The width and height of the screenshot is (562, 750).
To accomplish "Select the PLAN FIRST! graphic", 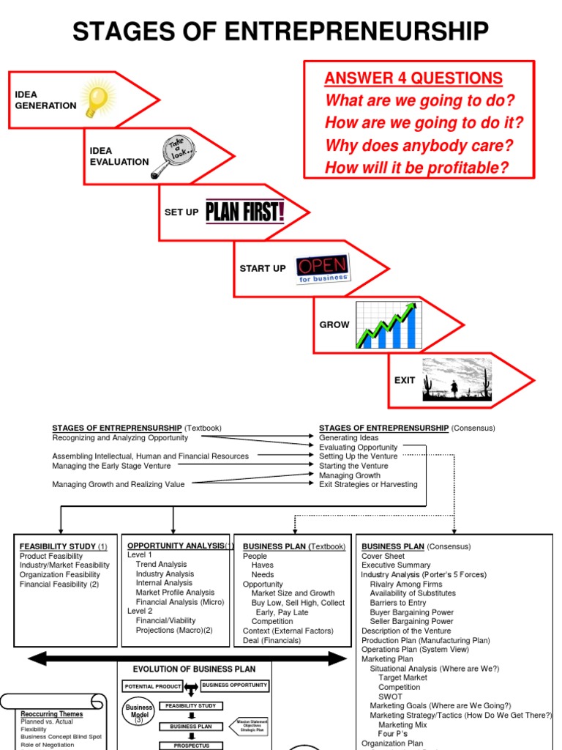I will click(244, 211).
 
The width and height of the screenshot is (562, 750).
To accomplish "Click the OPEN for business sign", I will click(322, 269).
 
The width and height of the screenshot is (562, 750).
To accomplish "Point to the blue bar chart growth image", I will click(388, 324).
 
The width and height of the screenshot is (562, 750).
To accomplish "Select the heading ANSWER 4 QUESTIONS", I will click(413, 79).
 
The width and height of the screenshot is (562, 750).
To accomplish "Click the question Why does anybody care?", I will click(419, 145).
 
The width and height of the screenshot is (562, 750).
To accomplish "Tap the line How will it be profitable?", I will click(416, 168).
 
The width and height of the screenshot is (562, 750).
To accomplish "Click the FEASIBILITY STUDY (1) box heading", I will click(64, 546).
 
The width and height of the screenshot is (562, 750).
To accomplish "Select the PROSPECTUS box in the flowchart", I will click(191, 745).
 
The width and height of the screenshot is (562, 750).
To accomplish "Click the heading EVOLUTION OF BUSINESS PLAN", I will click(194, 669).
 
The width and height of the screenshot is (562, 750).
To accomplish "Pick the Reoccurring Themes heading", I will click(52, 713).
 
